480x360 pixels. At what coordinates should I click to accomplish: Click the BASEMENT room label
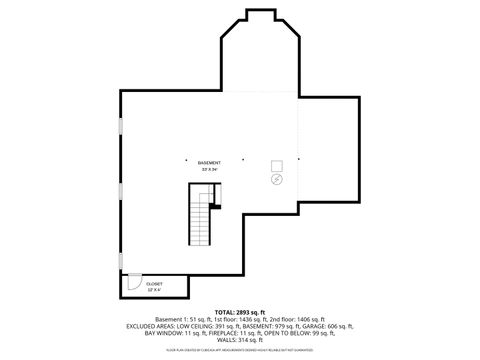click(208, 162)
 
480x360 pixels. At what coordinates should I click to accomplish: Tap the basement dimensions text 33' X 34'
click(208, 169)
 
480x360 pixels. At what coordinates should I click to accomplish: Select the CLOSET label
click(153, 283)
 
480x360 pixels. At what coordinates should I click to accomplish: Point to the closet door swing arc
click(131, 285)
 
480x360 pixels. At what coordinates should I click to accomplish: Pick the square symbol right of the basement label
click(278, 166)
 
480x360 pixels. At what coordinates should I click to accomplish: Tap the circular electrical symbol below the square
click(277, 180)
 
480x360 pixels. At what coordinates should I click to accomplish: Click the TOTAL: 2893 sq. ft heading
click(239, 312)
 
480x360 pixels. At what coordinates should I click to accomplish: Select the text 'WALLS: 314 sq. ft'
click(239, 339)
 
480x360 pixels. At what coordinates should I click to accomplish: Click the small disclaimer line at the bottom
click(240, 348)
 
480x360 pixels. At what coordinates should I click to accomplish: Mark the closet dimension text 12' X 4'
click(153, 289)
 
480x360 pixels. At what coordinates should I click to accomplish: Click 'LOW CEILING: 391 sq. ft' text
click(208, 326)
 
